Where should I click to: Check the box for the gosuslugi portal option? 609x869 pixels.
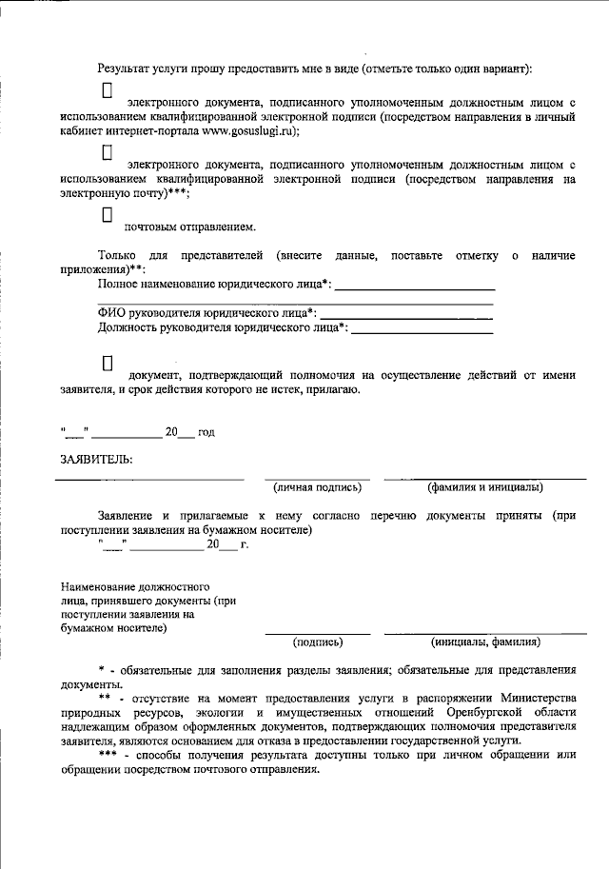coord(108,90)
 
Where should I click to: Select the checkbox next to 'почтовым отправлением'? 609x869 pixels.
coord(108,216)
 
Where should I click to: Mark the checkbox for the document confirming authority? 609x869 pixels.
coord(108,362)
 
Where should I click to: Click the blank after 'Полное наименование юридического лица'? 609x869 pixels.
coord(415,285)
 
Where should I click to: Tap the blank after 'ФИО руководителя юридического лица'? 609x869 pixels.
coord(406,313)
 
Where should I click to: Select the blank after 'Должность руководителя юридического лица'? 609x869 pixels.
coord(422,328)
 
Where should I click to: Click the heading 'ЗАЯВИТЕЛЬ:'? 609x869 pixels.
coord(96,460)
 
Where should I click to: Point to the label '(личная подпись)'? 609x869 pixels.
coord(317,487)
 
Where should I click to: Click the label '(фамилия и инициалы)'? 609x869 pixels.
coord(485,487)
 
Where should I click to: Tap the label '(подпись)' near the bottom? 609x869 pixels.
coord(317,642)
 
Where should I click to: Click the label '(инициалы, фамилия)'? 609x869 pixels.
coord(485,642)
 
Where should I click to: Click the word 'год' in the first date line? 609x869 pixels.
coord(206,432)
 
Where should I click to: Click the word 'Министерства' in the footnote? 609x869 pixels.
coord(540,699)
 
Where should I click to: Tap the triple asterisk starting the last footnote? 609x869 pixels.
coord(108,756)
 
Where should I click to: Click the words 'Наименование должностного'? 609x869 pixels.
coord(134,587)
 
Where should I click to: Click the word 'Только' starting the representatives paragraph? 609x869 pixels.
coord(116,256)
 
